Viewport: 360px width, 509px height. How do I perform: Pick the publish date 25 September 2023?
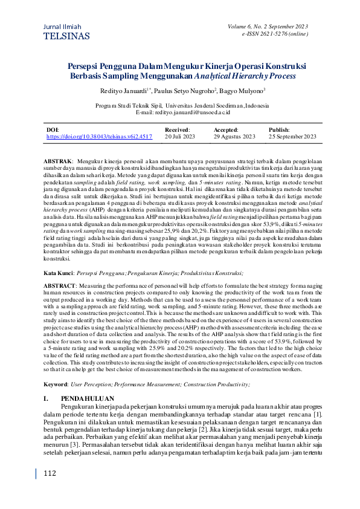click(x=292, y=137)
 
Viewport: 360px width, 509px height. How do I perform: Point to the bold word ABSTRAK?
click(x=59, y=163)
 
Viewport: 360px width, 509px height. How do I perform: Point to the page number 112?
click(x=50, y=474)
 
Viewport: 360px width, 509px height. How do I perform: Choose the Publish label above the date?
click(x=279, y=129)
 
